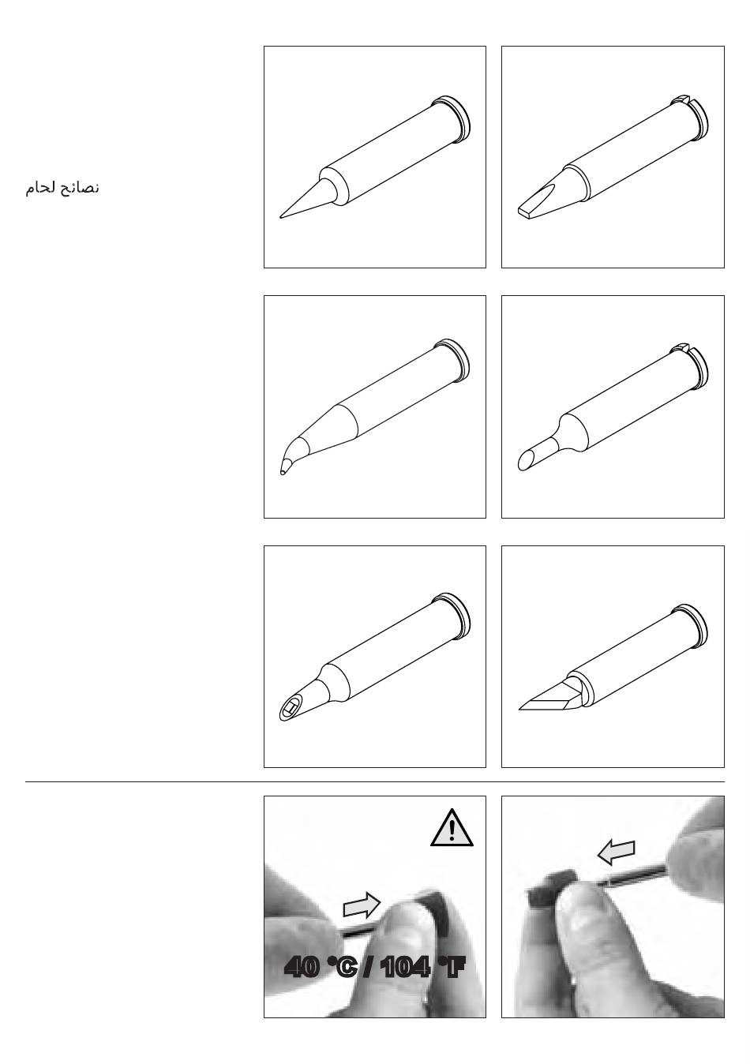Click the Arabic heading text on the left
click(62, 189)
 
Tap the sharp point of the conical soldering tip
click(281, 217)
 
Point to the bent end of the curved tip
click(283, 471)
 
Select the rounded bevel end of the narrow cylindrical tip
click(525, 461)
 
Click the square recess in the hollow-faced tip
click(290, 709)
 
